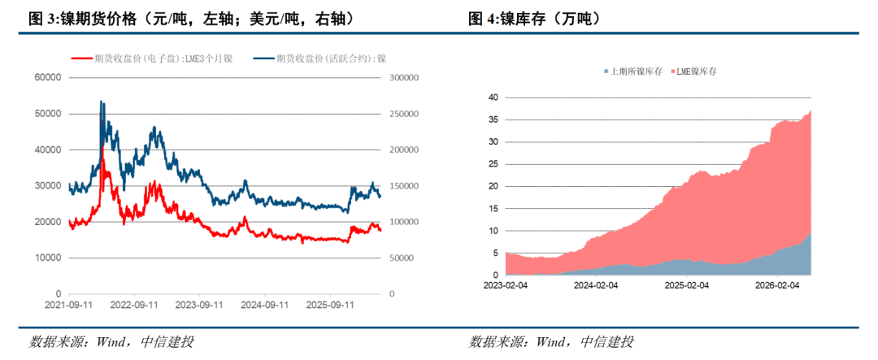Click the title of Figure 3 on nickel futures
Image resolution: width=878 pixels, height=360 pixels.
tap(192, 19)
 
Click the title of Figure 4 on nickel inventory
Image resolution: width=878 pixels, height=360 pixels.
tap(535, 19)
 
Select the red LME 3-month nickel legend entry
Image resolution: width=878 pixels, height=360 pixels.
tap(151, 59)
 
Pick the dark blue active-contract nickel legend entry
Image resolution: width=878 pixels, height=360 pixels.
tap(319, 59)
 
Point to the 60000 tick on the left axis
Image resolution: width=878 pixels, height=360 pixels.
tap(48, 78)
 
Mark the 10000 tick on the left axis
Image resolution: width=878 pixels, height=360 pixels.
tap(48, 258)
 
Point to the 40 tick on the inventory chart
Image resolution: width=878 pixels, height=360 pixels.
tap(493, 98)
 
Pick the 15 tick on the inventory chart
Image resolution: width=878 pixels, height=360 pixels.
tap(493, 209)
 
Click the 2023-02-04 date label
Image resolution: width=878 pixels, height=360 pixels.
tap(505, 285)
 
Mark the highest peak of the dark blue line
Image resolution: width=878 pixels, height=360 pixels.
tap(101, 102)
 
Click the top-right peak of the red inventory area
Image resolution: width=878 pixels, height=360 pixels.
tap(811, 111)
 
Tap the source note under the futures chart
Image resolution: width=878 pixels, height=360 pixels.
tap(112, 341)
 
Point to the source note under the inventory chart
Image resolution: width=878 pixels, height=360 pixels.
tap(551, 341)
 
